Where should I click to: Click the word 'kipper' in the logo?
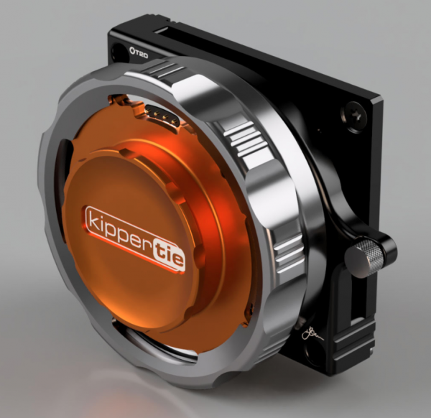pos(118,228)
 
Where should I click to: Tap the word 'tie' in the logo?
pos(167,253)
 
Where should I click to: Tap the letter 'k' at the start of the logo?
pos(91,218)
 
